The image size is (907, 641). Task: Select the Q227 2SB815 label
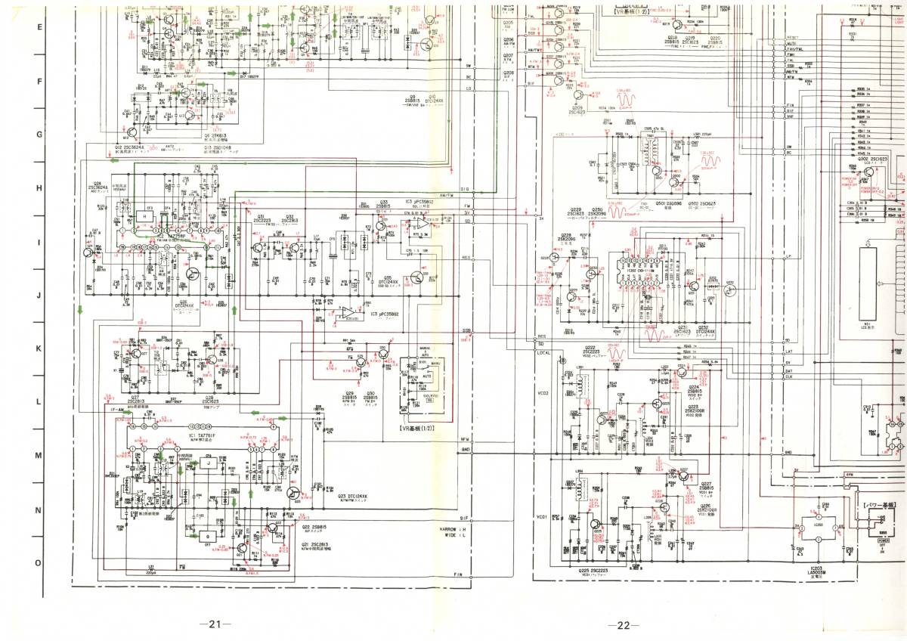(x=705, y=487)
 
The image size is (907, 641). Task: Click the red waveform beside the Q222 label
(x=618, y=353)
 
